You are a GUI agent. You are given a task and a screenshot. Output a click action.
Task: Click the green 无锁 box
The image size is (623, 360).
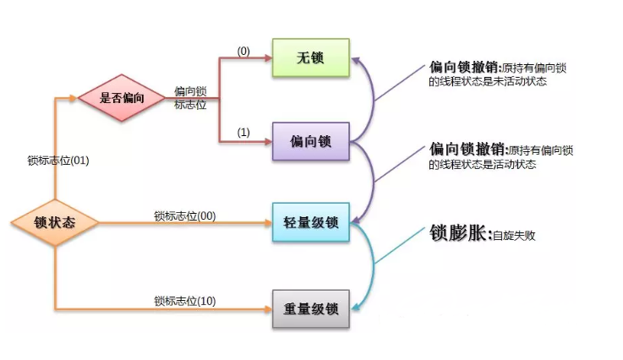[x=310, y=57]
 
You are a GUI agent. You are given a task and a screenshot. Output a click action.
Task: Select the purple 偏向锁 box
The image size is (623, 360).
[x=310, y=140]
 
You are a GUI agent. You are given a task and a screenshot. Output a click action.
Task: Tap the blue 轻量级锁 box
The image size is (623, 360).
[x=310, y=223]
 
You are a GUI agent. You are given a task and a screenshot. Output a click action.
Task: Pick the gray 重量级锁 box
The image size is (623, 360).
[x=310, y=309]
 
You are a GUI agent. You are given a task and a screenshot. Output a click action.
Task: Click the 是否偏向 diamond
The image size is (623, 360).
[x=122, y=97]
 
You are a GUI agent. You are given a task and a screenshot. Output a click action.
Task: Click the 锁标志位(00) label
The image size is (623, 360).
[x=184, y=215]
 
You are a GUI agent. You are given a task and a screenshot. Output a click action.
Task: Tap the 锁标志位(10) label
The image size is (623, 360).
[x=184, y=301]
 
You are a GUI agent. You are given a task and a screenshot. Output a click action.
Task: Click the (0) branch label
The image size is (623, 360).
[x=243, y=51]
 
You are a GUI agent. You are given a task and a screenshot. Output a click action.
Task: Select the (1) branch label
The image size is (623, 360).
[x=243, y=133]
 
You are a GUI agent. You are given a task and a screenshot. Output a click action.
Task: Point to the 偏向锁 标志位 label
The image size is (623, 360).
[x=190, y=97]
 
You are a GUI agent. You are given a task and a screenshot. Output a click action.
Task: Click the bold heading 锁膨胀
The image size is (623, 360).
[x=458, y=234]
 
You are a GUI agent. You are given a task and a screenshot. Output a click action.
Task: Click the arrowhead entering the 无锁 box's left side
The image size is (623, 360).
[x=266, y=58]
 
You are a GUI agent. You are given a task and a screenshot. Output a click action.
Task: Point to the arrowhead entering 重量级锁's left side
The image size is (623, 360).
[x=266, y=309]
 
